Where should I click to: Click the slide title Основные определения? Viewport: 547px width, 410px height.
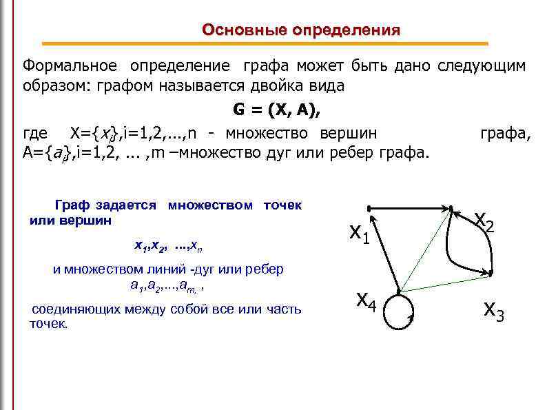click(x=301, y=30)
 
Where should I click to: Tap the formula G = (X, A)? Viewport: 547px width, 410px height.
click(x=273, y=110)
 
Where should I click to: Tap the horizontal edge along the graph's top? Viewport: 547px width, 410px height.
click(x=409, y=207)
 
